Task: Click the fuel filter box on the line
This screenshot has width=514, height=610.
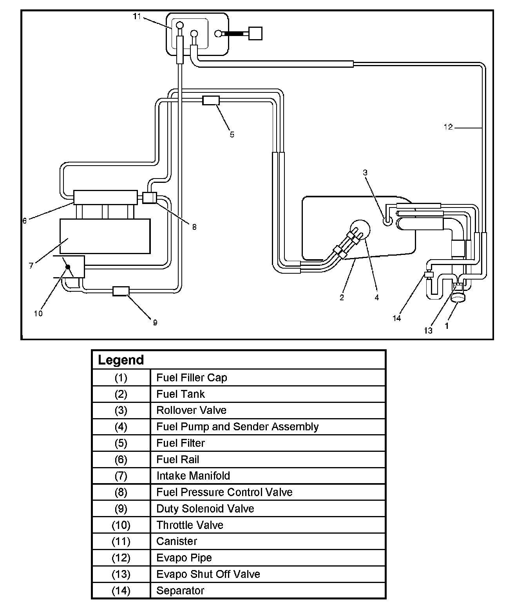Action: click(x=211, y=100)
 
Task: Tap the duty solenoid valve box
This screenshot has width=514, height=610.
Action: click(x=121, y=291)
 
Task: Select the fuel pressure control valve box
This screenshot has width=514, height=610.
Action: click(x=149, y=197)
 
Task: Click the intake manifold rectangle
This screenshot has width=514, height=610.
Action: click(x=105, y=236)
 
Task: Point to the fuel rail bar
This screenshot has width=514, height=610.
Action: click(x=105, y=197)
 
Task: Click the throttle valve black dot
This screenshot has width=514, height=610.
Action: click(x=68, y=267)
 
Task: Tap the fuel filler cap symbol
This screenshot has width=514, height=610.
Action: click(x=458, y=298)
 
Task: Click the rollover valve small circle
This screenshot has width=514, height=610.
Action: click(x=387, y=221)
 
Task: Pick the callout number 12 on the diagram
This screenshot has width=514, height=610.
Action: click(x=448, y=127)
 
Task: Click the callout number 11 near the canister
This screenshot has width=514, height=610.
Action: click(x=137, y=16)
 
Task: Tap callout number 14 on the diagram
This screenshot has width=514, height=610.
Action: click(x=397, y=318)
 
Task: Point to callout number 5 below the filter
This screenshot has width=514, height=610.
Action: click(x=232, y=135)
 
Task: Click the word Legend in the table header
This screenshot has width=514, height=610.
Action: click(x=121, y=360)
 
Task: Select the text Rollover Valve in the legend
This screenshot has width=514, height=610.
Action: click(x=191, y=410)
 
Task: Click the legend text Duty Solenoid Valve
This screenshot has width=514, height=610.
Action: click(x=205, y=509)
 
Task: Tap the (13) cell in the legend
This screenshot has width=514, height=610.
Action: click(x=121, y=574)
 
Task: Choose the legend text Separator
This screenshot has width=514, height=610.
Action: click(x=180, y=590)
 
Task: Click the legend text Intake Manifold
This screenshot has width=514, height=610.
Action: click(x=193, y=476)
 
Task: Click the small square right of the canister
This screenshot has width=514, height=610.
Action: click(x=255, y=33)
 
